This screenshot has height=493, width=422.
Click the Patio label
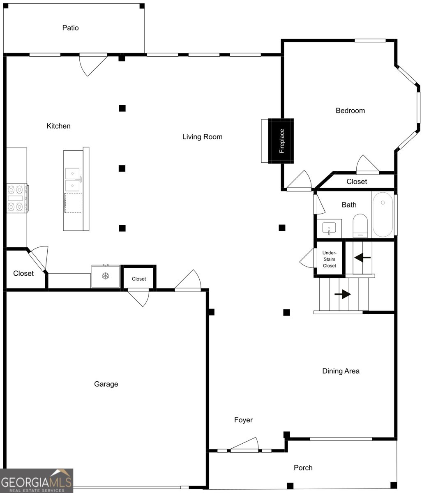(70, 28)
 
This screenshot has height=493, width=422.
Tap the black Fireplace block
(281, 141)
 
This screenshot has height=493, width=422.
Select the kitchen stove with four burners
(17, 198)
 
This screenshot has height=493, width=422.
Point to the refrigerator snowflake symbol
(106, 276)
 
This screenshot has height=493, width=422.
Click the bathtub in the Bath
(383, 214)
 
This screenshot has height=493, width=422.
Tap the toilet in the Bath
(360, 226)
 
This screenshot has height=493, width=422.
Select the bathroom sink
(329, 228)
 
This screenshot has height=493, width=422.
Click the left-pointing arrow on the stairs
(362, 257)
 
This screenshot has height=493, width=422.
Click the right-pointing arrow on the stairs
(343, 294)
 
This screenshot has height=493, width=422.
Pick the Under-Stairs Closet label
(330, 259)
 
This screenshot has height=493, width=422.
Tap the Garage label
(106, 384)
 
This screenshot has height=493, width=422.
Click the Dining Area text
(341, 371)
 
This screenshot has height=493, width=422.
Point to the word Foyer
(243, 420)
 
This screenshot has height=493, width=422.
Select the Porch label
(303, 468)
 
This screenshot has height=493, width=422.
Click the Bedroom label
(350, 111)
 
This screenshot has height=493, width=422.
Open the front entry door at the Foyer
(244, 445)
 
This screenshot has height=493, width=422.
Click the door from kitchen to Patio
(93, 65)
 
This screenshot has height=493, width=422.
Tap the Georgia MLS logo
(37, 481)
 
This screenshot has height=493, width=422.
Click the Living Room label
(202, 137)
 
